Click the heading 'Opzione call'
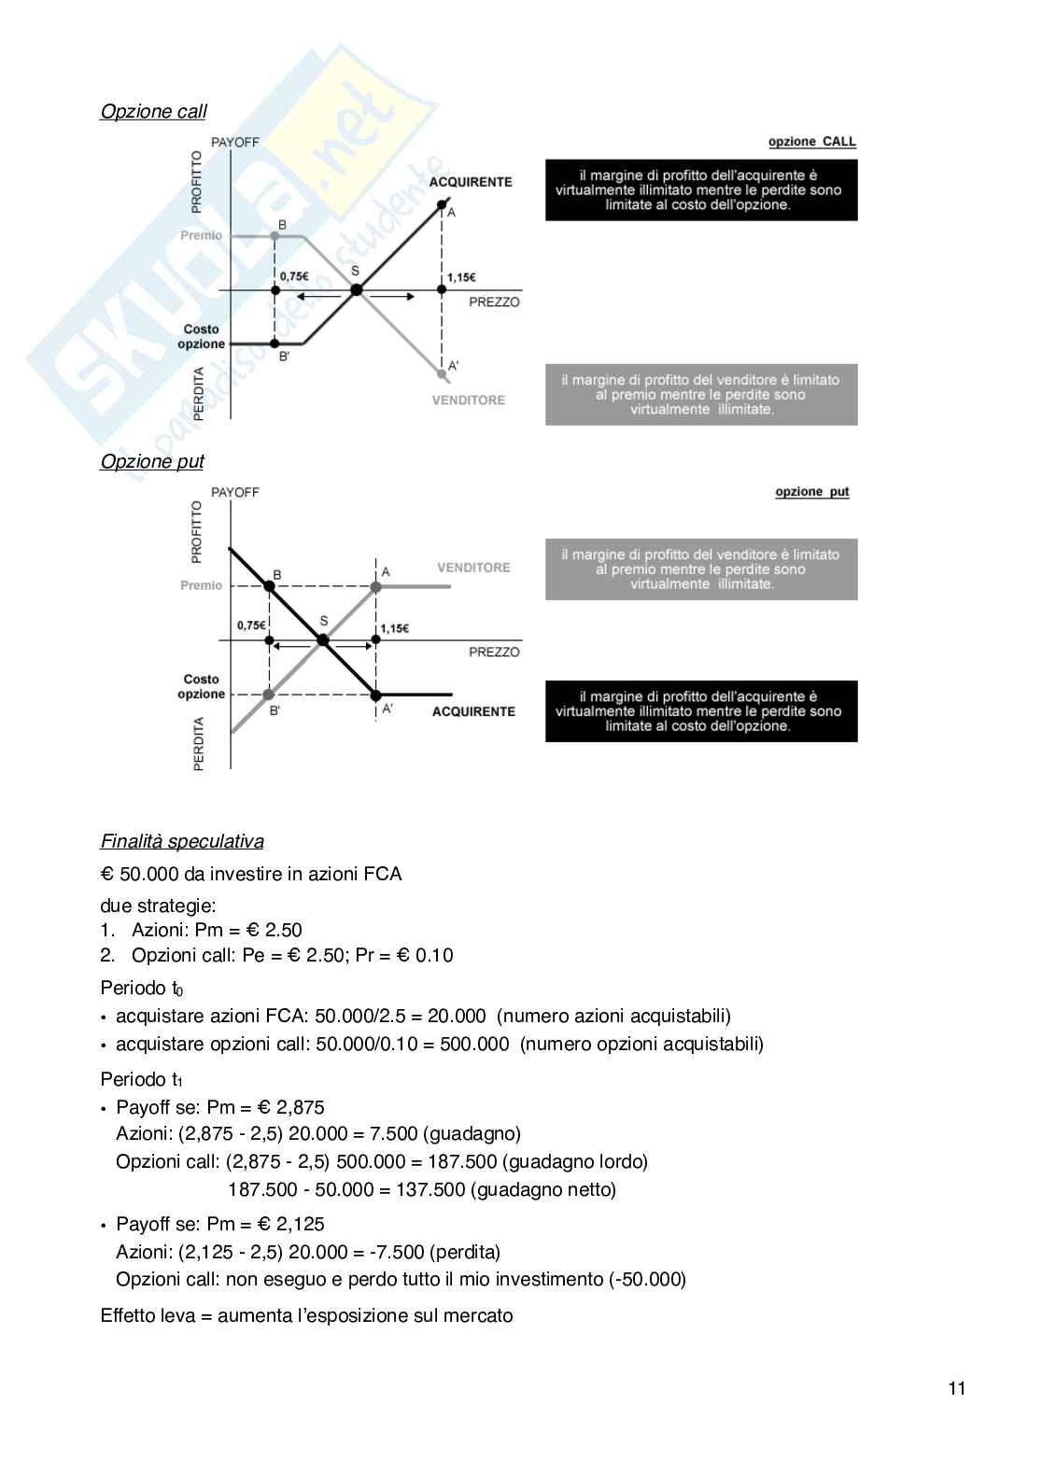[x=153, y=112]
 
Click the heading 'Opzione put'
[x=151, y=462]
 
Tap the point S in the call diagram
[x=356, y=289]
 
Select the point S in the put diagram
[x=323, y=640]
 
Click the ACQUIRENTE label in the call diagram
[x=471, y=182]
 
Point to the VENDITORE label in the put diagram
[x=473, y=568]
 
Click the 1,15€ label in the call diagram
[x=461, y=277]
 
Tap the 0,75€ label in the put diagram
[x=251, y=625]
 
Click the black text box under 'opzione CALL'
[x=701, y=190]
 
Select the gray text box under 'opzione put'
[x=701, y=569]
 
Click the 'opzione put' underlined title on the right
[x=811, y=492]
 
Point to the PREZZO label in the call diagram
[x=494, y=302]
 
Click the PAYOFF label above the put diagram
[x=235, y=492]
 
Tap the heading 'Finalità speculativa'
[x=182, y=841]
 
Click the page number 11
[x=957, y=1388]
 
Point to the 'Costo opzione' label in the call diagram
[x=202, y=337]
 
